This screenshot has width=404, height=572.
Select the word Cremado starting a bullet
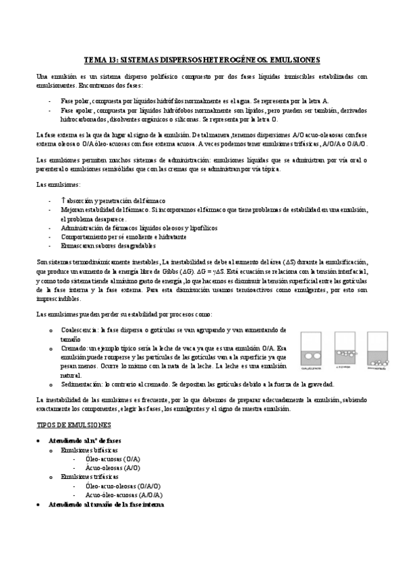[x=73, y=347]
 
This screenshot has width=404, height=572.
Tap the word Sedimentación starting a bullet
[x=82, y=384]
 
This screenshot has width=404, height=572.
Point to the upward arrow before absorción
[x=63, y=200]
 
